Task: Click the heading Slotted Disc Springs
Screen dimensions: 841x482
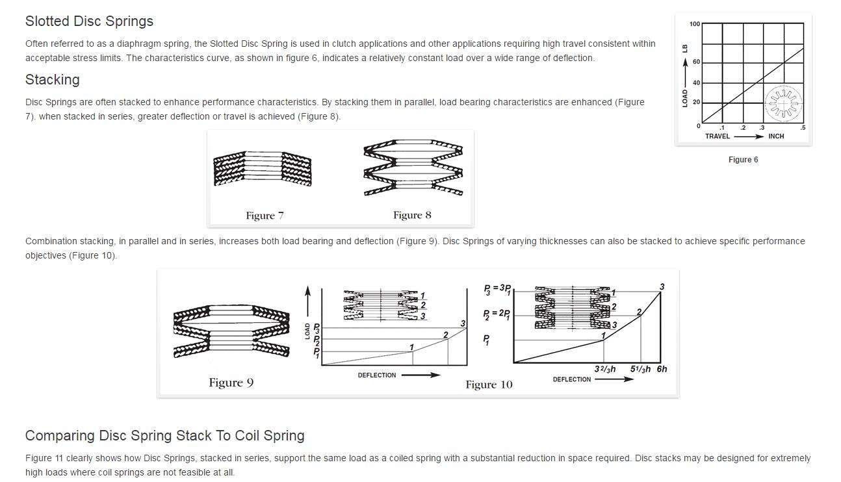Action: [89, 21]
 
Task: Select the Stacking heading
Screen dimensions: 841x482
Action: [53, 80]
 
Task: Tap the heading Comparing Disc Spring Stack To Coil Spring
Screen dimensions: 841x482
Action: [165, 436]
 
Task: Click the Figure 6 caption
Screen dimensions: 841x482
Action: [743, 160]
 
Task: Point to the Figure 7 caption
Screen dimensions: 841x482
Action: [265, 216]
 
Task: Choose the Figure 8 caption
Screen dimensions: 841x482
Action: [412, 215]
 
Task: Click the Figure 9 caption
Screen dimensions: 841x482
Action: [231, 383]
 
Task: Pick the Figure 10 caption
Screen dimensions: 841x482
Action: [489, 385]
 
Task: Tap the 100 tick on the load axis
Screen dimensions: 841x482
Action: [695, 24]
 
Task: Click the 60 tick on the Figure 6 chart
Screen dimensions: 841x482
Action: [697, 62]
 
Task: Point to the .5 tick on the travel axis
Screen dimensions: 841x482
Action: [803, 127]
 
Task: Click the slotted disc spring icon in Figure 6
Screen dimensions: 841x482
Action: [784, 103]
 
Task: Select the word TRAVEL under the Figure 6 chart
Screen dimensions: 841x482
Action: [717, 136]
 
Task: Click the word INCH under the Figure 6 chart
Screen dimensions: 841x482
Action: [776, 136]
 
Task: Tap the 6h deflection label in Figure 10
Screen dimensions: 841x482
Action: [662, 370]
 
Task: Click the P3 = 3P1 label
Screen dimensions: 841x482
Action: [497, 289]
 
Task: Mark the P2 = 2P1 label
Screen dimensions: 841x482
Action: [497, 314]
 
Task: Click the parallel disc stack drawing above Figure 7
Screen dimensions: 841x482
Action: [263, 168]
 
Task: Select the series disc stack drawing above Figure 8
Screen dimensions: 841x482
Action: [413, 168]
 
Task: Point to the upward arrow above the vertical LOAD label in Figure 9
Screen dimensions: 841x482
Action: [308, 301]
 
